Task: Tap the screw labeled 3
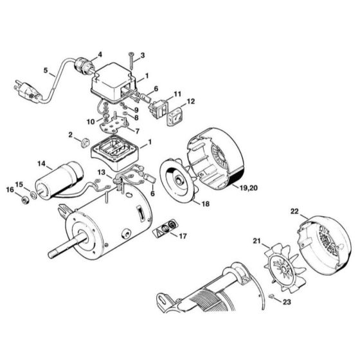(x=129, y=60)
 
